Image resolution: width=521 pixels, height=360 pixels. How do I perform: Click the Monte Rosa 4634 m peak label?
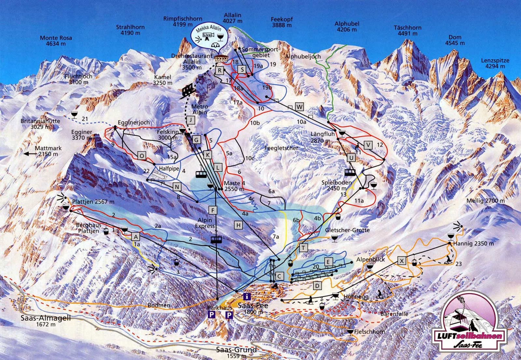(56, 41)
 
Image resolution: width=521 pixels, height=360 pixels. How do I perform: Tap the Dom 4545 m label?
(455, 40)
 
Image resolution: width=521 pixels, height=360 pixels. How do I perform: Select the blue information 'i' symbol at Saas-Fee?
(247, 296)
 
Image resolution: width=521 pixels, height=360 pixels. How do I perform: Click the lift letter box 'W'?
(300, 106)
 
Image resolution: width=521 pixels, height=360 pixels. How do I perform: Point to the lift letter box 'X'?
(402, 261)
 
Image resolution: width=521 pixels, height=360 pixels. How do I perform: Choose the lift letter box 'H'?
(239, 225)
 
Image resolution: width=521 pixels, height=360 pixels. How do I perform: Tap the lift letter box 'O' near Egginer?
(142, 156)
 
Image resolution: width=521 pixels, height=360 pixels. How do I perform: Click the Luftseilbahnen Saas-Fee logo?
(469, 323)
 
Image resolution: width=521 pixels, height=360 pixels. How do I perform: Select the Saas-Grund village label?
(236, 350)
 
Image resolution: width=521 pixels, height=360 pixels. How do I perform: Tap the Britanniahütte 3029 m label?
(40, 123)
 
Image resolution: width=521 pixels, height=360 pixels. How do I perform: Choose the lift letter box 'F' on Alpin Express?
(213, 210)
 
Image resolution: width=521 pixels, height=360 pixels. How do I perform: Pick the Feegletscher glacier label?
(281, 148)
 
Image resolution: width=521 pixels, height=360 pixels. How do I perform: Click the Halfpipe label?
(169, 168)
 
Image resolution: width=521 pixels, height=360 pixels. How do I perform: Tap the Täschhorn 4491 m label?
(407, 31)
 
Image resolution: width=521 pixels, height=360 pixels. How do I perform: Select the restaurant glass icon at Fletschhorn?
(350, 332)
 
